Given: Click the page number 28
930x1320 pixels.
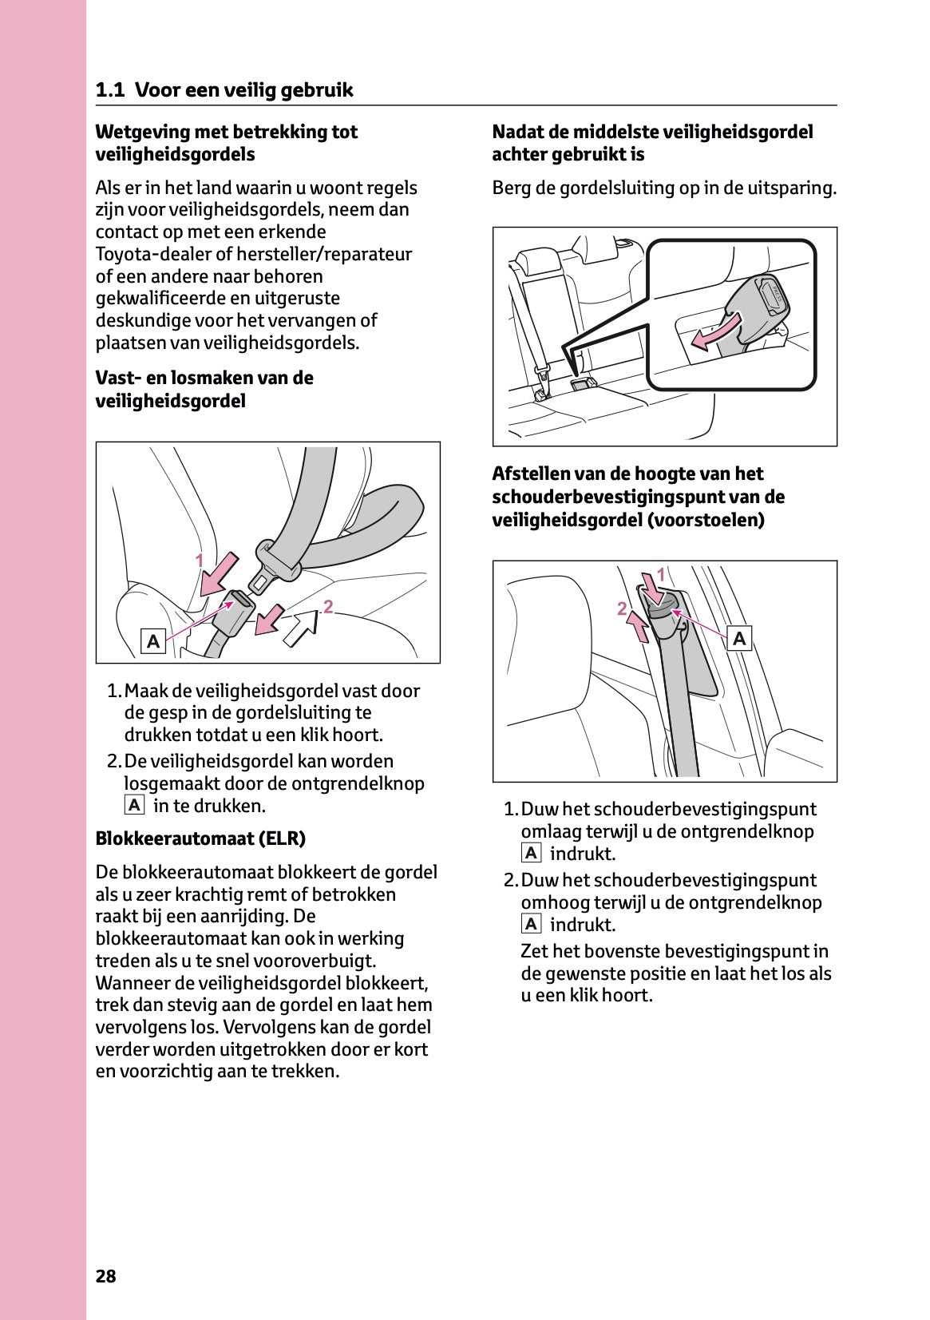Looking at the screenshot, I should [x=105, y=1275].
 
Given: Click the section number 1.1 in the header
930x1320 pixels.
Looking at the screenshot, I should [x=109, y=90].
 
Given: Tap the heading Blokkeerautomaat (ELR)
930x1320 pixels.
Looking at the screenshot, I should [x=200, y=838].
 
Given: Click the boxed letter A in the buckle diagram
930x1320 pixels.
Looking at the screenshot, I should [x=152, y=640].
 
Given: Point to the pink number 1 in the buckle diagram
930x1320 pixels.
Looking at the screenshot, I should [x=200, y=561].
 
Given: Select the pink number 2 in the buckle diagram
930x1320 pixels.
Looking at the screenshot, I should [x=327, y=608].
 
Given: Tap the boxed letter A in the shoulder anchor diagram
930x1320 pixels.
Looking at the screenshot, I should [x=740, y=638].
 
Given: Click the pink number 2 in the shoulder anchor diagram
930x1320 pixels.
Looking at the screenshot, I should [x=622, y=609].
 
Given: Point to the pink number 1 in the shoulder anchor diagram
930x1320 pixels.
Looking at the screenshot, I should [x=660, y=574].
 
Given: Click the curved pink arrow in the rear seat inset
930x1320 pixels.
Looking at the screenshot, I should [x=716, y=331].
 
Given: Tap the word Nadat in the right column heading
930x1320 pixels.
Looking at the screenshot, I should [x=516, y=132].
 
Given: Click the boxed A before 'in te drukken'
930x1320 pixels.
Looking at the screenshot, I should [x=134, y=805].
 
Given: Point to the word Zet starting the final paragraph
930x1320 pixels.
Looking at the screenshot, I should [x=534, y=951].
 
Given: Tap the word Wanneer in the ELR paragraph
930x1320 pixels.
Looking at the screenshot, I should [x=132, y=983].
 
